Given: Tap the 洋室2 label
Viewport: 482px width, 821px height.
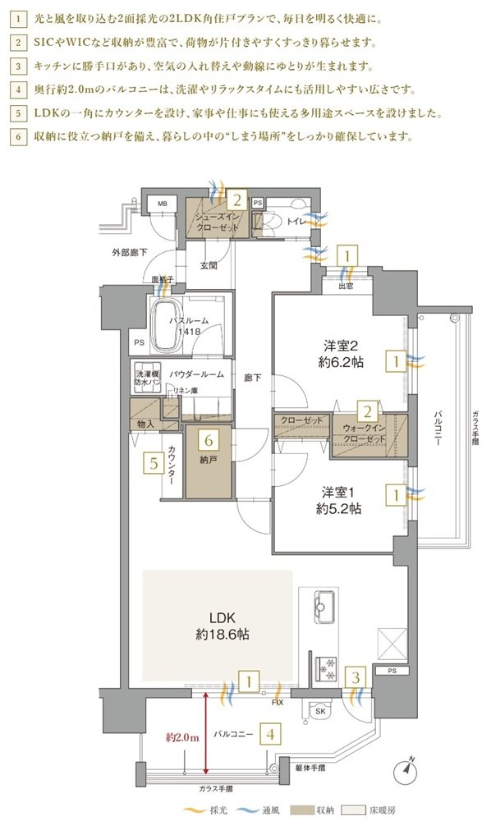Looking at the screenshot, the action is [342, 353].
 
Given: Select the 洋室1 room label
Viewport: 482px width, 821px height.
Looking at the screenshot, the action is [339, 501].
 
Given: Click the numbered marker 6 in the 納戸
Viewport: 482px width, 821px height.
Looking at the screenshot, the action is [209, 440].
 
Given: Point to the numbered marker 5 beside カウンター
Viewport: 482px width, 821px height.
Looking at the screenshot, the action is [154, 463].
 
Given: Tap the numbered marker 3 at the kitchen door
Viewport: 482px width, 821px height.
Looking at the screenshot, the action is [356, 679].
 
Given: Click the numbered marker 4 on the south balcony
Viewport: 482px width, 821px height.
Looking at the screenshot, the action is [270, 734].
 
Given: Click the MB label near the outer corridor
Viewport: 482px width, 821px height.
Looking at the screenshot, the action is [163, 204].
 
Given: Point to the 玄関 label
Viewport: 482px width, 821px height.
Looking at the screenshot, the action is [209, 265].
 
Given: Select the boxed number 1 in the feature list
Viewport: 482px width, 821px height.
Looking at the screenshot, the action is [18, 21].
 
